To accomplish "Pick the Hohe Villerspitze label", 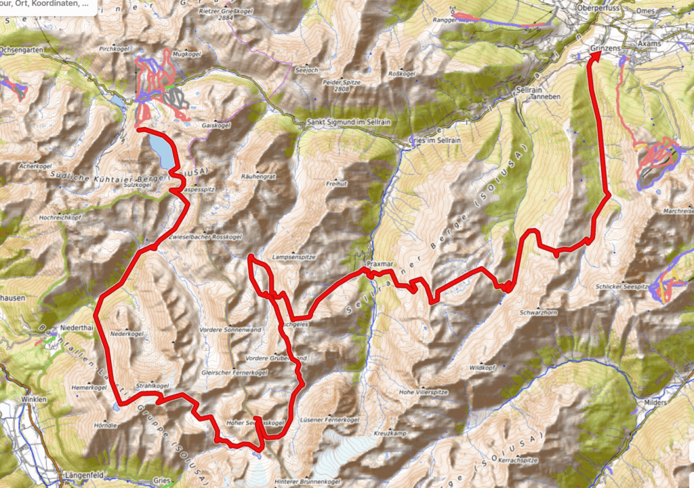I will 425,392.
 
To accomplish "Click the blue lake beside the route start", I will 161,151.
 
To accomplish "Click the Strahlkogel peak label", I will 152,385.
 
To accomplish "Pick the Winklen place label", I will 34,400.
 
